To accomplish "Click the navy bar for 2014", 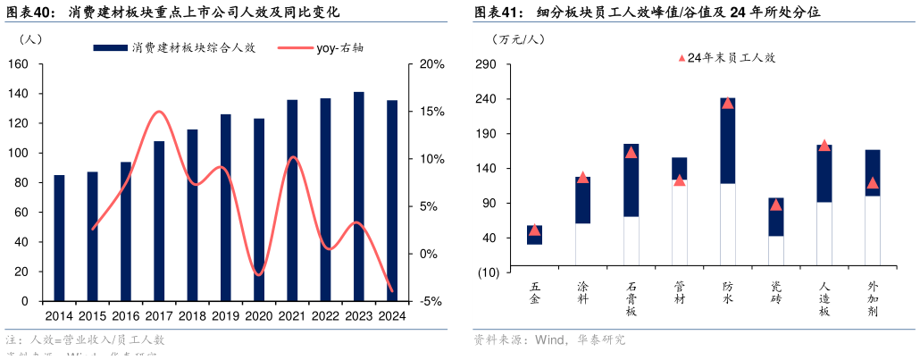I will (59, 238).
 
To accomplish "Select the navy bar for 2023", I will (358, 197).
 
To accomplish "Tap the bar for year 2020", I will (259, 210).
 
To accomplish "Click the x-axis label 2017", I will (159, 315).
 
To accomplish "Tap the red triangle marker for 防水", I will (727, 103).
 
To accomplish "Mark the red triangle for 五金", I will (534, 230).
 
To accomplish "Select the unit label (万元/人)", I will (518, 39).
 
